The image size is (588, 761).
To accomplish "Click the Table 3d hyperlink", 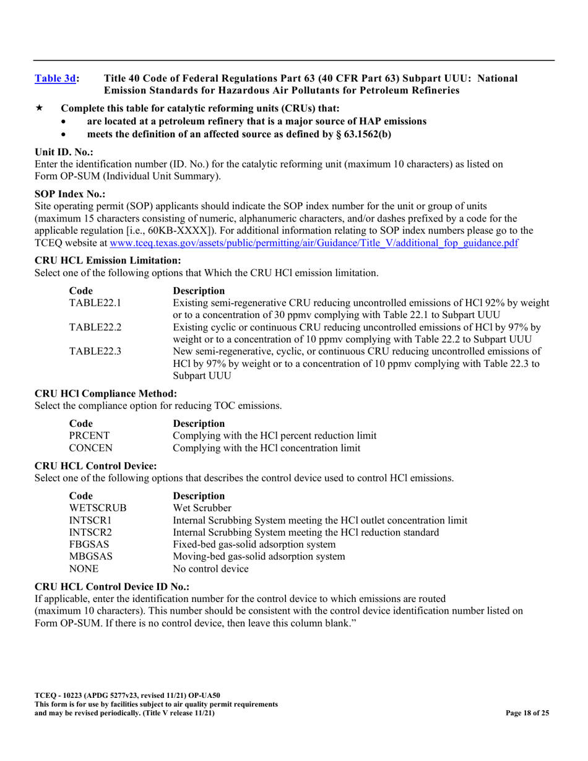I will coord(55,79).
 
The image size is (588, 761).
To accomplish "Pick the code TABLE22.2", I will coord(95,327).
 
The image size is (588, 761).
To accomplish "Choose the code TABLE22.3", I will coord(95,351).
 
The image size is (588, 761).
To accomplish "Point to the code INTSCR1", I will coord(90,520).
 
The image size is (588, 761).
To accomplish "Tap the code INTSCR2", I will coord(90,532).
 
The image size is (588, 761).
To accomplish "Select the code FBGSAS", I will coord(89,544).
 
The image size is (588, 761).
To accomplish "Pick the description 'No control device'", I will coord(210,569).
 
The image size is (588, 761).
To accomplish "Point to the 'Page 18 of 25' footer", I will coord(527,713).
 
